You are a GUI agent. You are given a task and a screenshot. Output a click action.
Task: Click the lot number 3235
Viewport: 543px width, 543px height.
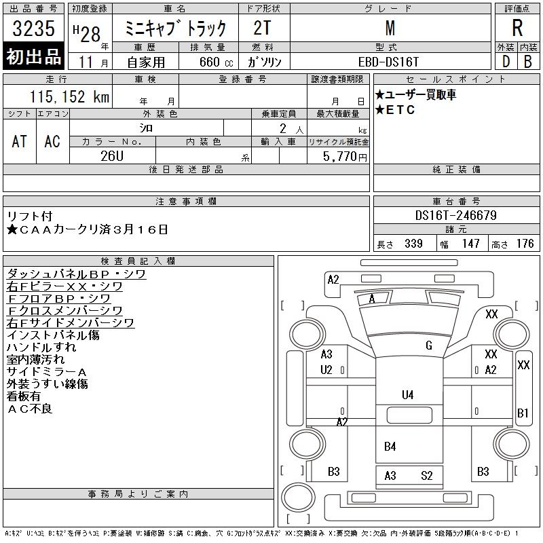coord(34,30)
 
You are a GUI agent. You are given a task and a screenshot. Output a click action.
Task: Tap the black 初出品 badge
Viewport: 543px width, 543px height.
coord(34,57)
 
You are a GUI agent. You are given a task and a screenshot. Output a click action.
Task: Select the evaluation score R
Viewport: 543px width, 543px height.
coord(517,29)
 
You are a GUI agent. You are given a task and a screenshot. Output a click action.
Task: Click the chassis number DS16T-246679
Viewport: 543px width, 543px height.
coord(456,216)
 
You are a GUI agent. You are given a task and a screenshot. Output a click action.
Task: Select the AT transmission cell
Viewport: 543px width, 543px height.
coord(20,141)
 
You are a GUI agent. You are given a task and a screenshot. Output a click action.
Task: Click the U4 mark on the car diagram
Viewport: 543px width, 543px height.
coord(407,394)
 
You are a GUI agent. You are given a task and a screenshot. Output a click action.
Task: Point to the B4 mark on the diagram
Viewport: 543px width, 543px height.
coord(390,446)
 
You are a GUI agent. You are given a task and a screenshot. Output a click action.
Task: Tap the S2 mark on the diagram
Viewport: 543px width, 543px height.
coord(426,476)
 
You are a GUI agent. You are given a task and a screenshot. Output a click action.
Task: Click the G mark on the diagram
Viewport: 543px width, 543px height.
coord(428,345)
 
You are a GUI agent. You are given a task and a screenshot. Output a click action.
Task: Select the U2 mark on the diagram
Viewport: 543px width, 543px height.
coord(326,370)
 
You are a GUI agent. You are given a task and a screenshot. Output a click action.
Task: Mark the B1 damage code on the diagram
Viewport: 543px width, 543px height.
coord(523,413)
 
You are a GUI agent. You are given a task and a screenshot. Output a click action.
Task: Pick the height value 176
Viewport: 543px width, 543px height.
coord(525,244)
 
